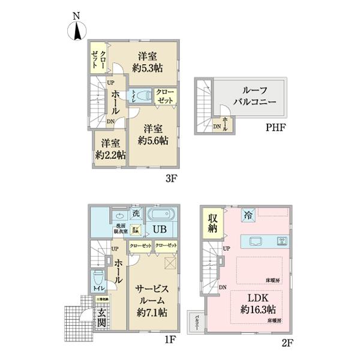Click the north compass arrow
click(78, 30)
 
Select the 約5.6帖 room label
click(152, 135)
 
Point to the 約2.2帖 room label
click(109, 149)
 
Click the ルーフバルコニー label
click(250, 97)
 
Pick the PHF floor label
click(277, 127)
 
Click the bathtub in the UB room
click(160, 215)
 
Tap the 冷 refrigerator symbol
click(248, 215)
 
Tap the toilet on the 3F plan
click(142, 95)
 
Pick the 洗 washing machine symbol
click(136, 213)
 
